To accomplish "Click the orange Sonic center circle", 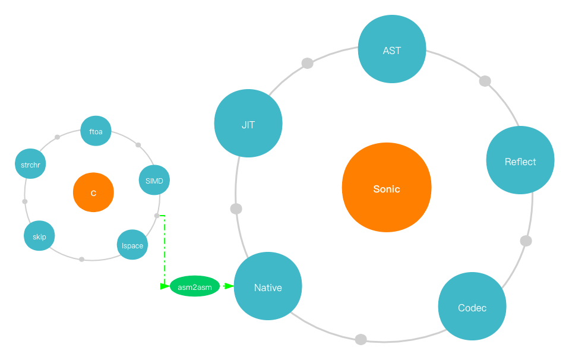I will (387, 188).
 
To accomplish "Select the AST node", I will (392, 49).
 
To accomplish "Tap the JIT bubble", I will (248, 124).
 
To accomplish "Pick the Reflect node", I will (520, 160).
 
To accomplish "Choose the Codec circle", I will (472, 307).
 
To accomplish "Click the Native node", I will (268, 286).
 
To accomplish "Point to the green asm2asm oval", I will (195, 286).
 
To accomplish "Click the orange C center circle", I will (93, 192).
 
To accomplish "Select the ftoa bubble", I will (96, 131).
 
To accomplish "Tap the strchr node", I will (30, 164).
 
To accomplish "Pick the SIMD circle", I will (154, 180).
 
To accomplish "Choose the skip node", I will (39, 236).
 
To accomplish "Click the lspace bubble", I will (132, 245).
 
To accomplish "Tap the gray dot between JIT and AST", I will (307, 63).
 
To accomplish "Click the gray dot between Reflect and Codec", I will (526, 241).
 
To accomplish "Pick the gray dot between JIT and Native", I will (236, 209).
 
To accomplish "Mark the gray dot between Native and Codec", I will (361, 339).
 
